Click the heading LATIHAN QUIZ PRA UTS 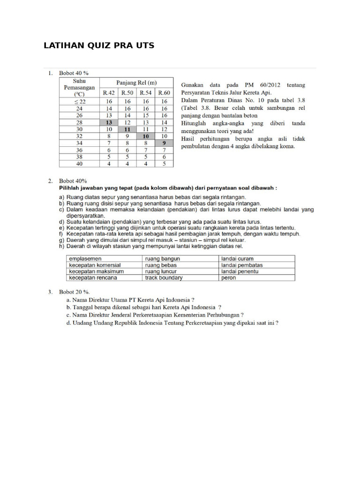tap(98, 45)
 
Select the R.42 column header tap(109, 93)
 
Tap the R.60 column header tap(164, 93)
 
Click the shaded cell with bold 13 tap(109, 122)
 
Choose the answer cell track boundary tap(164, 277)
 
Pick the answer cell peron tap(229, 277)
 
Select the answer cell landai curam tap(238, 258)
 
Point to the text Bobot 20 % tap(74, 292)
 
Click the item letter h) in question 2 tap(61, 246)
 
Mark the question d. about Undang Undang tap(172, 323)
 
